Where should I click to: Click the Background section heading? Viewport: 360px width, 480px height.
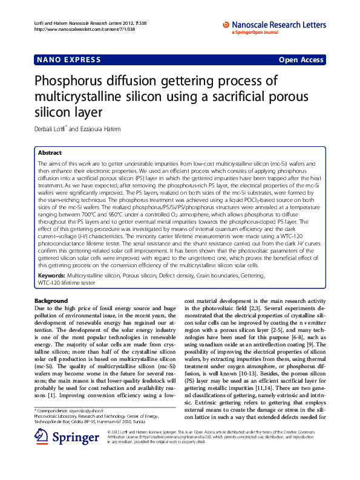(x=51, y=301)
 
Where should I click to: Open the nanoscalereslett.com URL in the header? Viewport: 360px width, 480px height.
(x=72, y=29)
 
